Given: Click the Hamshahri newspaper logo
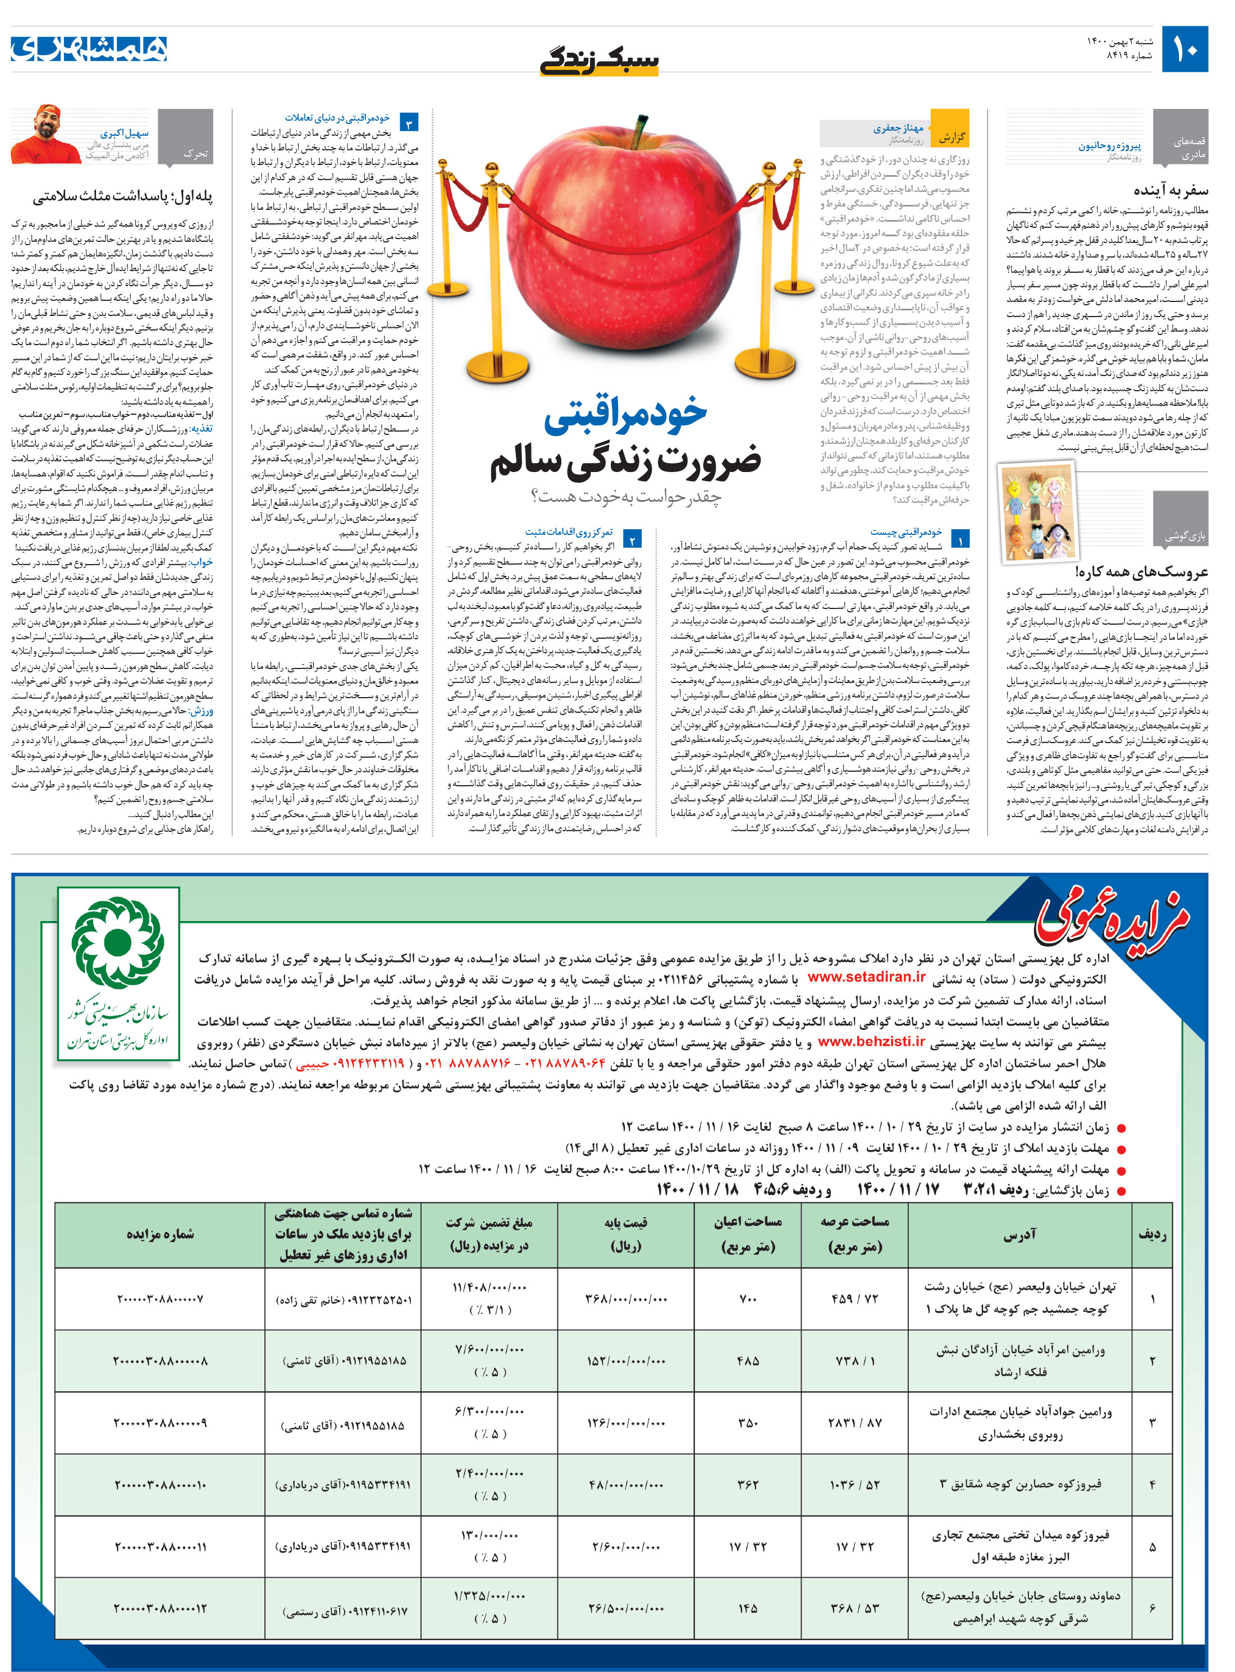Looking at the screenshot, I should click(88, 49).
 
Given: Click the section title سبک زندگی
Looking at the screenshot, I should click(600, 60).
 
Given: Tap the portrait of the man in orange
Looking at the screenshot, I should click(47, 135).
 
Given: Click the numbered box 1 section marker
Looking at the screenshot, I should click(960, 538).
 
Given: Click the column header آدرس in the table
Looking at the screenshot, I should click(1019, 1235).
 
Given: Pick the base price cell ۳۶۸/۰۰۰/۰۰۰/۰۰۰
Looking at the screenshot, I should click(626, 1299).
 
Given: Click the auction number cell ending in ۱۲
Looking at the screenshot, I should click(160, 1607).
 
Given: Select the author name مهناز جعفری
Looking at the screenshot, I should click(899, 128).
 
